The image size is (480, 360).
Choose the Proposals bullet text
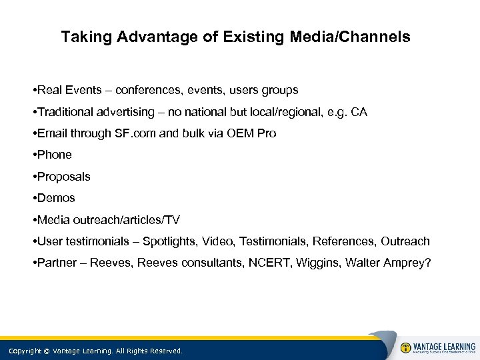(x=64, y=177)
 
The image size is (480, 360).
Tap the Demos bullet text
(x=58, y=198)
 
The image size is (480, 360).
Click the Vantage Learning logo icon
(x=405, y=347)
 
